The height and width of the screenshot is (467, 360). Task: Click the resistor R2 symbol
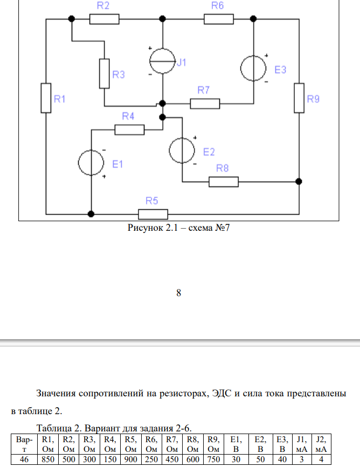tap(104, 19)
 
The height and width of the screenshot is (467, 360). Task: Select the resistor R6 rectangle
tap(218, 19)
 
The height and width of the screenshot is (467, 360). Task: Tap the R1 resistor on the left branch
tap(46, 98)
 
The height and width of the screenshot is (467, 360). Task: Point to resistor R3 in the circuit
tap(105, 73)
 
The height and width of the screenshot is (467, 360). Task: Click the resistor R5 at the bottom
tap(153, 214)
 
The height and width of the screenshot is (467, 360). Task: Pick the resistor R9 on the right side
tap(299, 98)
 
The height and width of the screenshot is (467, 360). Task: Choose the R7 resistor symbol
tap(205, 103)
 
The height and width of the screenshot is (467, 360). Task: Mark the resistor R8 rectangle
tap(223, 182)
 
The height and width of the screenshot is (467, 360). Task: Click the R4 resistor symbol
tap(129, 129)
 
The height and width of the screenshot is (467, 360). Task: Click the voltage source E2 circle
tap(183, 150)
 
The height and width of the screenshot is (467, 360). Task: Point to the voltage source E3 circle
tap(253, 68)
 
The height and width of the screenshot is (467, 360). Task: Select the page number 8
tap(179, 293)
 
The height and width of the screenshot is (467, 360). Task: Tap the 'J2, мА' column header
tap(320, 444)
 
